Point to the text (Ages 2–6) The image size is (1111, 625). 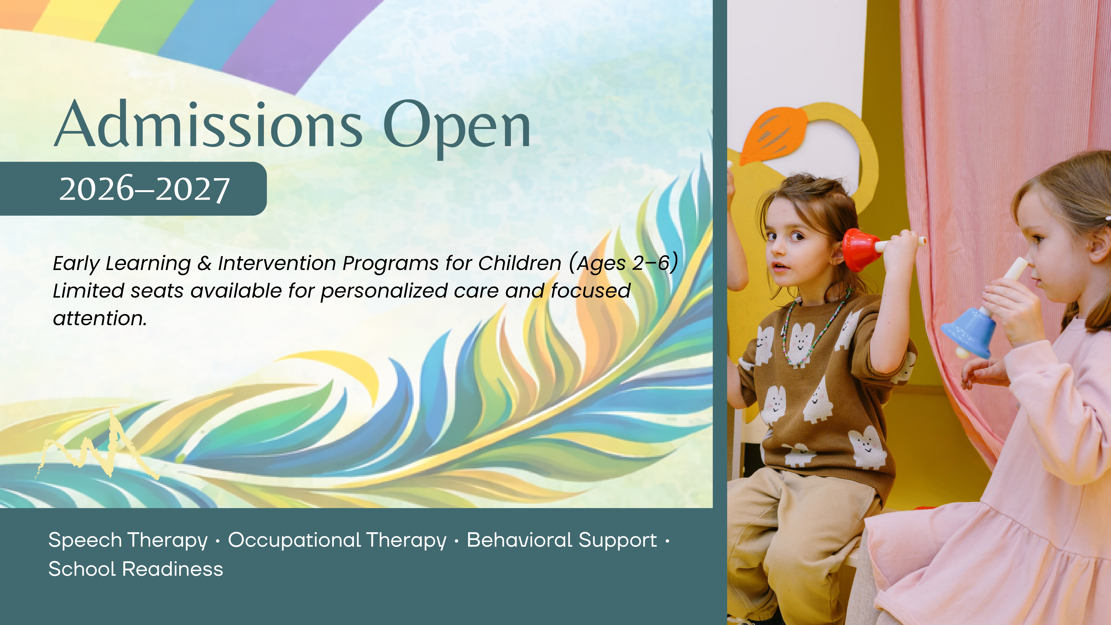624,263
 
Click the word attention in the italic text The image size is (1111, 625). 100,318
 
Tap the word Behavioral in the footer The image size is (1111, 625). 520,540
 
